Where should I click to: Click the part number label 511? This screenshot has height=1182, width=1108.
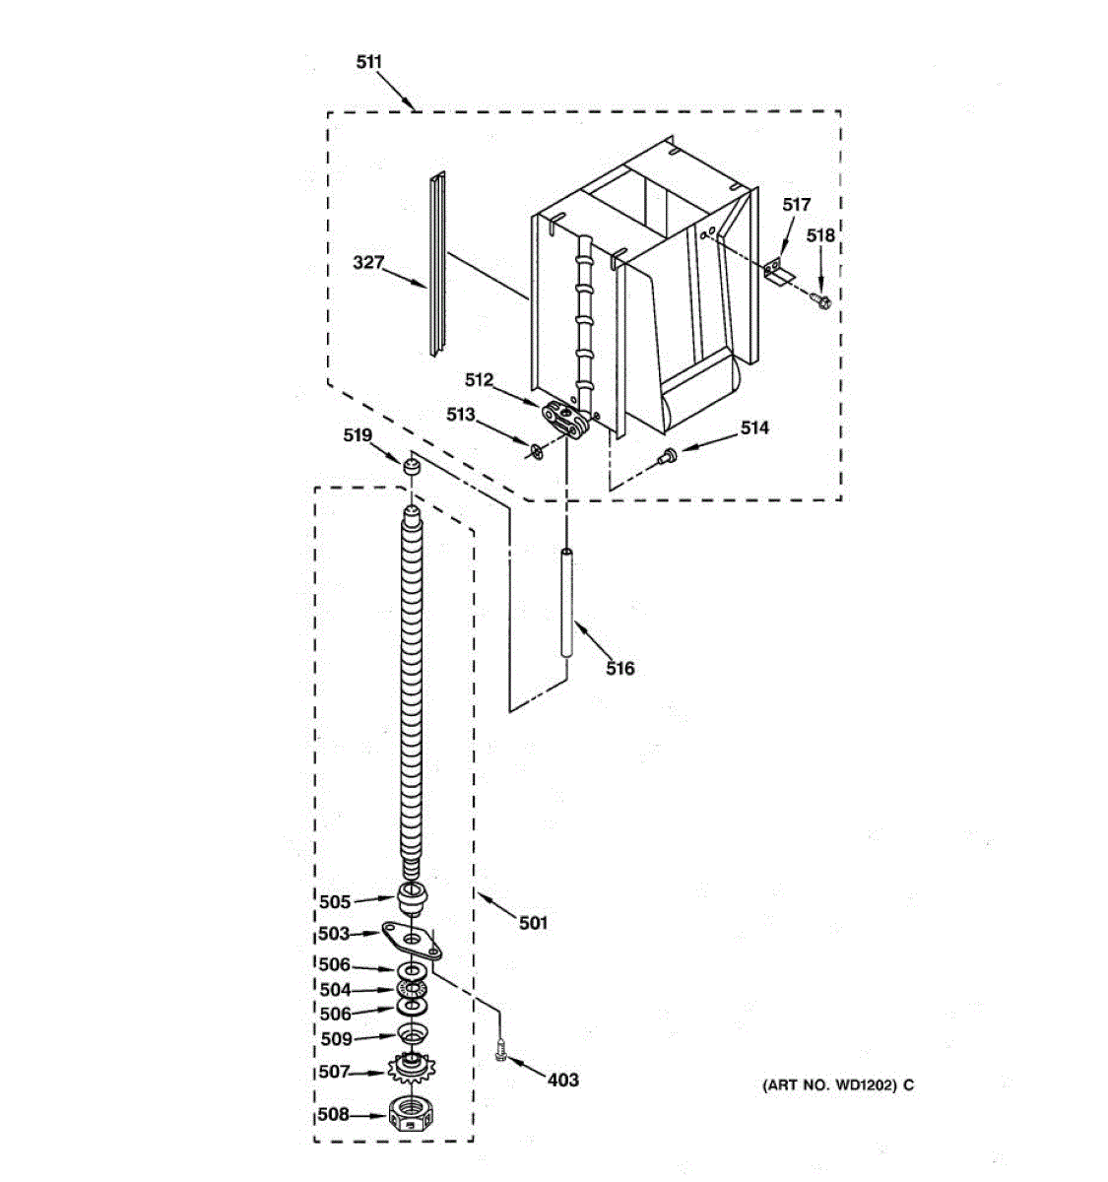tap(368, 62)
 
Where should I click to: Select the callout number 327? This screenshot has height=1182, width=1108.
tap(368, 262)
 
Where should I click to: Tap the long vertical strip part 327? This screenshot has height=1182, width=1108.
tap(437, 264)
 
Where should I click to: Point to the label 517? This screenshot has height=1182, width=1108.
tap(796, 205)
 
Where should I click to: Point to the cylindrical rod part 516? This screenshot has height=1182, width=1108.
tap(566, 602)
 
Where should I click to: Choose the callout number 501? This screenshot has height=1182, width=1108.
tap(532, 923)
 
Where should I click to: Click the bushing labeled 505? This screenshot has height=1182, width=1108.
tap(412, 899)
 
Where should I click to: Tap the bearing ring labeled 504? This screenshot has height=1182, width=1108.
tap(412, 989)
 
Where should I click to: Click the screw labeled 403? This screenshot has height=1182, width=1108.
tap(500, 1058)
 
